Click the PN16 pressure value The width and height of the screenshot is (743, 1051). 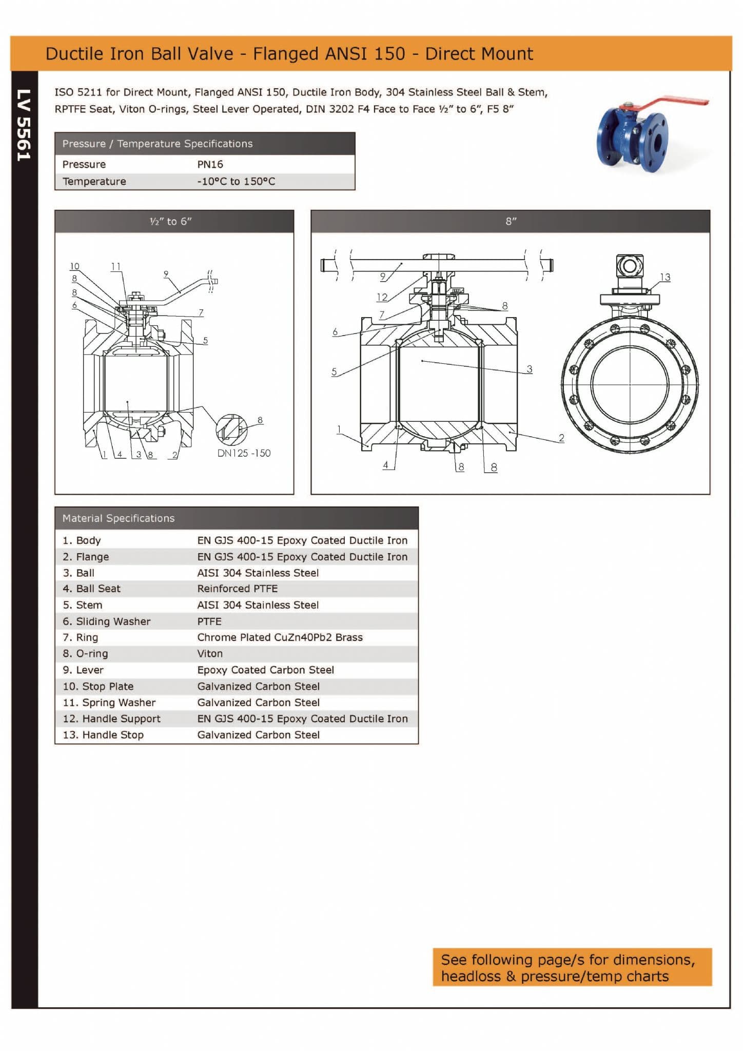point(210,165)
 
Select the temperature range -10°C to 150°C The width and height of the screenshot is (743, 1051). point(236,182)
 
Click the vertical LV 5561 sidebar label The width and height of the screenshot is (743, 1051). point(24,125)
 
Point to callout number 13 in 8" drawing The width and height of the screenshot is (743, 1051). point(665,278)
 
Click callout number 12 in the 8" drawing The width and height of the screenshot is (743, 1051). point(382,297)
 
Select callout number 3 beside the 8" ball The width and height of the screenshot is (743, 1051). point(529,369)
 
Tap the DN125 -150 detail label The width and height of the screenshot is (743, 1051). point(244,453)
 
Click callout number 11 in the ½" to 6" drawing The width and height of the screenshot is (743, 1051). point(116,266)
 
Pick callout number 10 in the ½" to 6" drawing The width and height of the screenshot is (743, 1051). point(74,266)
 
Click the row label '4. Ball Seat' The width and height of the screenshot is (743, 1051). point(92,589)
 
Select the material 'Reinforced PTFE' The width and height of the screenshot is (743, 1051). point(237,589)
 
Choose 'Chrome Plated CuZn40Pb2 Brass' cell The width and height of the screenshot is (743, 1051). point(280,638)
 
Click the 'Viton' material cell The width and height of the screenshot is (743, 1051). point(210,654)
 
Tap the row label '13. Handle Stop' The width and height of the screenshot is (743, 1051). point(103,735)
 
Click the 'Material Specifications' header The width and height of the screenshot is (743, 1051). point(119,519)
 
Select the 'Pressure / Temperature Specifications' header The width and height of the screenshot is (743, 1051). point(158,144)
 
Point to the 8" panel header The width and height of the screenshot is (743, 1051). point(511,222)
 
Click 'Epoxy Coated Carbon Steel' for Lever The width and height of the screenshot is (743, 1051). point(265,670)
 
